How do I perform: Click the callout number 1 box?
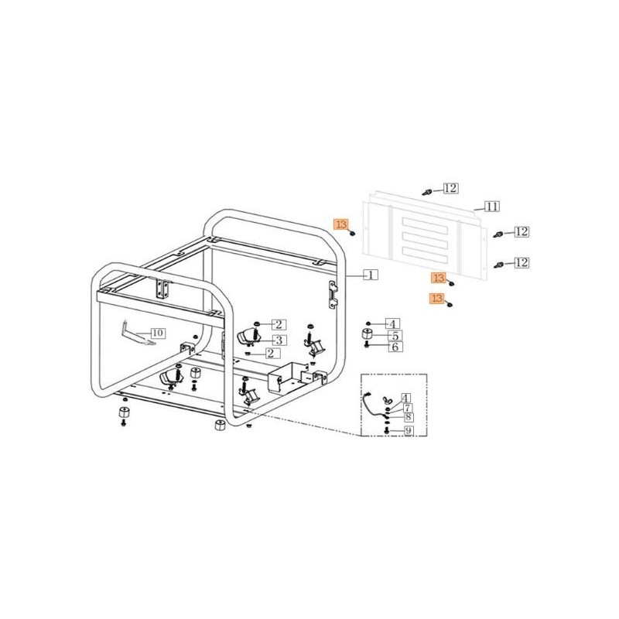coord(371,275)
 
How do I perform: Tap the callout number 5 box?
coord(394,337)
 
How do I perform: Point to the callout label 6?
coord(394,348)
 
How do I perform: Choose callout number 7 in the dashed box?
coord(406,407)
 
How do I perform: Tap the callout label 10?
coord(157,333)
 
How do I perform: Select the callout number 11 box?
coord(491,206)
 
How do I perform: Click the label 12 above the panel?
coord(450,188)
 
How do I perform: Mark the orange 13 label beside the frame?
coord(341,224)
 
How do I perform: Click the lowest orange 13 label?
coord(438,298)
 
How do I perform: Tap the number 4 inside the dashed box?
coord(406,397)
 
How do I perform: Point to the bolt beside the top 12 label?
coord(427,190)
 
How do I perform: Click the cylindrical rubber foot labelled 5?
coord(368,336)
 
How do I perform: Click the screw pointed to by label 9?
coord(386,430)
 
